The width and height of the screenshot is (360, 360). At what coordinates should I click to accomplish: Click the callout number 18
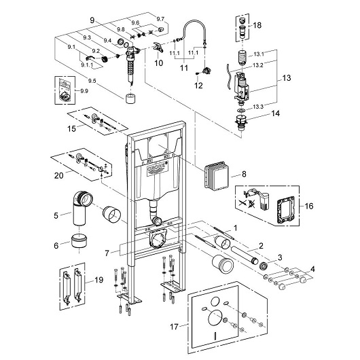(x=257, y=25)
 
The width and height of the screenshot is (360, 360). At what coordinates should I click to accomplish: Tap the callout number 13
(x=287, y=78)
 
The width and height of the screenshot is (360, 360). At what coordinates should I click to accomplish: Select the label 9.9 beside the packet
(x=84, y=91)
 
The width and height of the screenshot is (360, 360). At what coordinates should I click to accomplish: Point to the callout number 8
(x=244, y=174)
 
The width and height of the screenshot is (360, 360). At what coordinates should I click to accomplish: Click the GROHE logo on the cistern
(x=156, y=167)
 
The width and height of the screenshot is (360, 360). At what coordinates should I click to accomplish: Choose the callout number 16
(x=309, y=206)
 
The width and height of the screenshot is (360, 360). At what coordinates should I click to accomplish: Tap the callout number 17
(x=175, y=326)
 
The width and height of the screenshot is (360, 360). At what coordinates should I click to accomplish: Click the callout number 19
(x=99, y=280)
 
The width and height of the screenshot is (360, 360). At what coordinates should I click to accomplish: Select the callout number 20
(x=59, y=175)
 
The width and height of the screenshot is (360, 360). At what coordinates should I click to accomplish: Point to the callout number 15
(x=71, y=128)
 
